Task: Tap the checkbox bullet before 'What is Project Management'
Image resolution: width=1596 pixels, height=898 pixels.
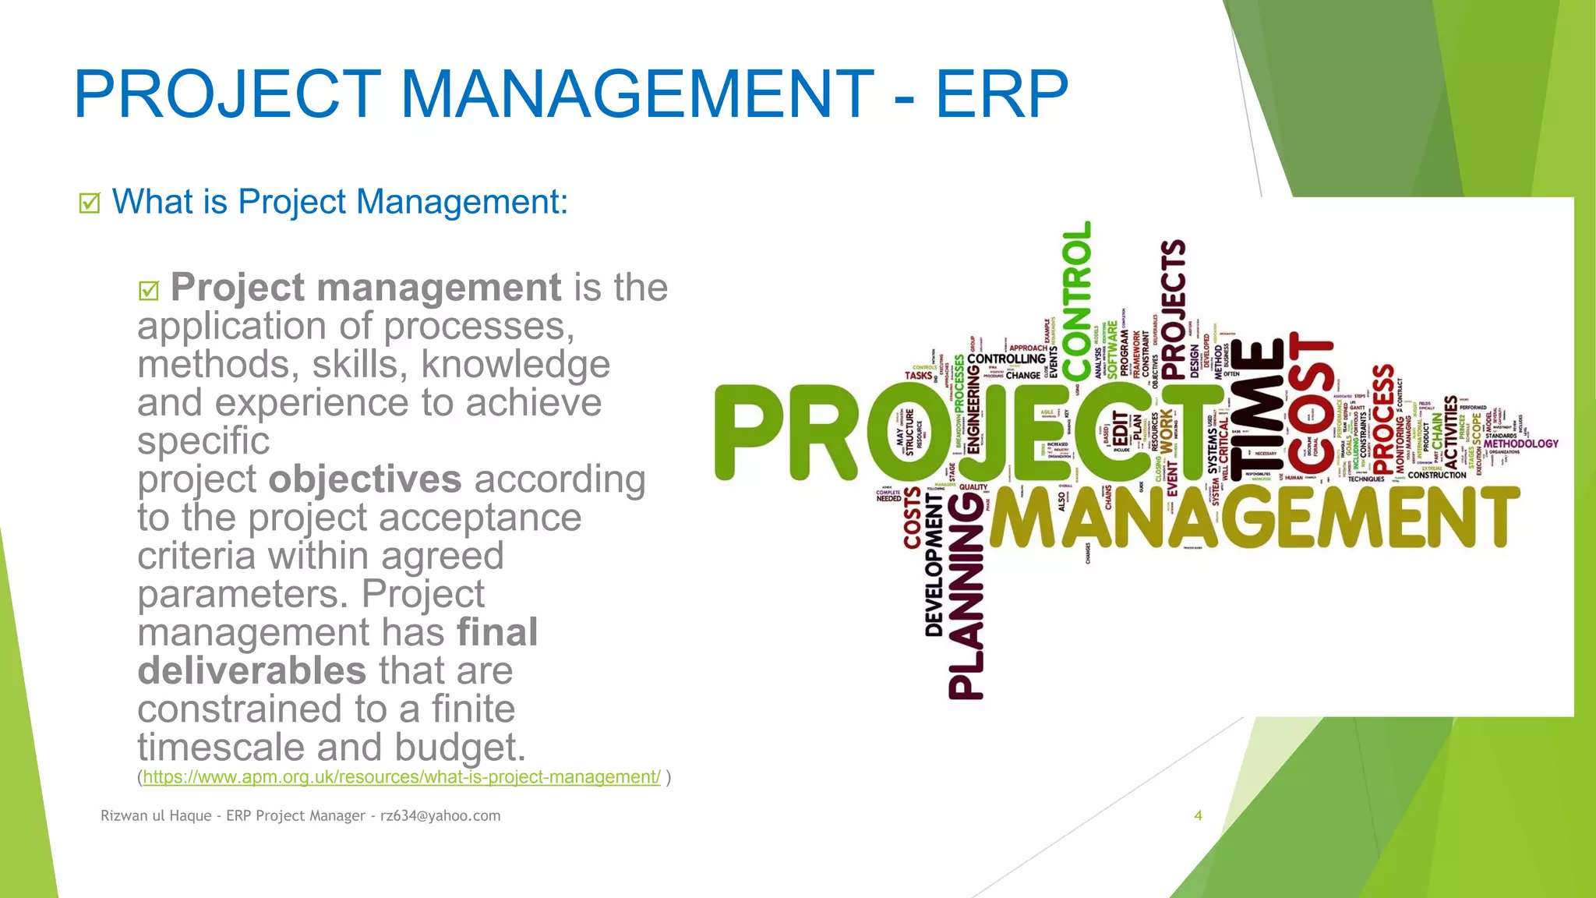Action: point(90,203)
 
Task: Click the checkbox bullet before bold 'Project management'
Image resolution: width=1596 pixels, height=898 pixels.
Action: point(149,291)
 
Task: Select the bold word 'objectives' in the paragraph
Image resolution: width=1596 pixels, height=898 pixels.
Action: point(365,479)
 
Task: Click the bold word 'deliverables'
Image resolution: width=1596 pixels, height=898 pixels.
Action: point(252,671)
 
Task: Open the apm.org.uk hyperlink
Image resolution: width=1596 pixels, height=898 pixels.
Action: point(401,777)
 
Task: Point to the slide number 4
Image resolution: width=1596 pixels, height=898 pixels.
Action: point(1198,815)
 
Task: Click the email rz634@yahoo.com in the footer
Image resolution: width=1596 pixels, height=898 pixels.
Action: point(440,815)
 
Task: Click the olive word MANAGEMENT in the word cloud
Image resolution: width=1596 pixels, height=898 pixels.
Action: point(1255,518)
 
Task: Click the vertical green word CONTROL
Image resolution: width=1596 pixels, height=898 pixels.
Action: point(1077,300)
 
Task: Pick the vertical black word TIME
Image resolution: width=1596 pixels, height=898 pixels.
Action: point(1256,409)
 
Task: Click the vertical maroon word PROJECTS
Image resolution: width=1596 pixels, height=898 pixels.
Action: point(1173,300)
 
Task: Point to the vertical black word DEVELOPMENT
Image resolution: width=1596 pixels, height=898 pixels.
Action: point(934,569)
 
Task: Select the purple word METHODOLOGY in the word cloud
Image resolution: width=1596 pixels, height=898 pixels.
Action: point(1520,444)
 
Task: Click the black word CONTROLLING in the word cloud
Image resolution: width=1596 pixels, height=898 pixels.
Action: point(1006,359)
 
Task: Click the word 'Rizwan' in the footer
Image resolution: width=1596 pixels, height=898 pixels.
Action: point(122,815)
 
